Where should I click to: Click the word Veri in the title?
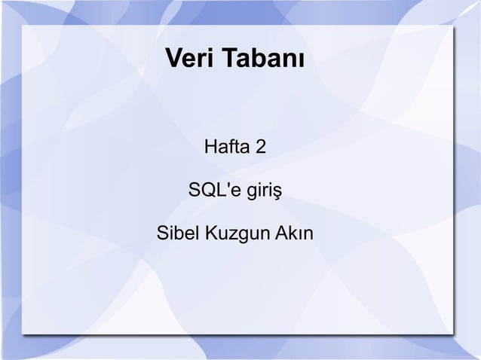[x=186, y=58]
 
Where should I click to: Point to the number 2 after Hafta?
[x=260, y=144]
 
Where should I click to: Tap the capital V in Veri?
[x=172, y=58]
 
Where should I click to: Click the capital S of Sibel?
[x=161, y=233]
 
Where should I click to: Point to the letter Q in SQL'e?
[x=207, y=188]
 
